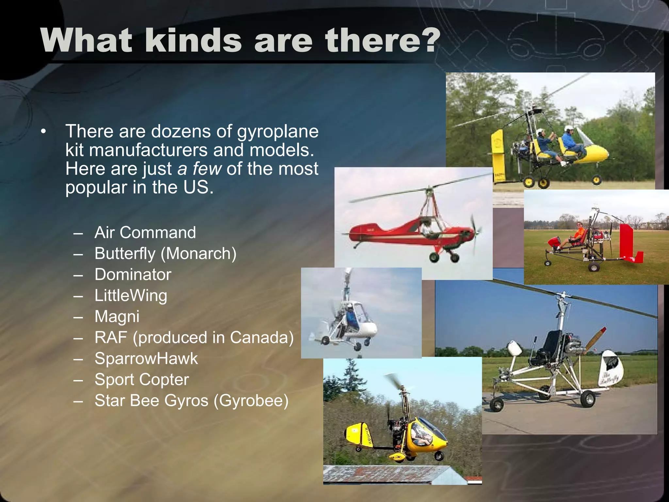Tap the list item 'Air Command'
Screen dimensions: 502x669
(x=145, y=233)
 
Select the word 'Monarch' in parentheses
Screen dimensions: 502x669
(x=198, y=254)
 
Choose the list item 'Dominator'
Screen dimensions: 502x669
(x=133, y=275)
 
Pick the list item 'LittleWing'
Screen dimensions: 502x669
(x=131, y=295)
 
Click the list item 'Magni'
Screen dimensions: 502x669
(x=117, y=316)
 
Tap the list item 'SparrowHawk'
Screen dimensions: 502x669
(x=146, y=359)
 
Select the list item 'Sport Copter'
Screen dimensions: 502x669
(x=141, y=379)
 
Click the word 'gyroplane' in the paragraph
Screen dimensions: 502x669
(x=277, y=131)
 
